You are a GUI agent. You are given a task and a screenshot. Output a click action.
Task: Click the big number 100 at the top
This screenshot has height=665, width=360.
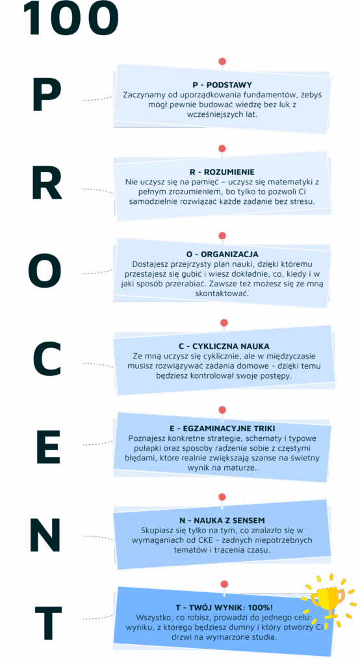point(71,18)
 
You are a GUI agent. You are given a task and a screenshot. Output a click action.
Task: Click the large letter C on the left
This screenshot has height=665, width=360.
point(47,360)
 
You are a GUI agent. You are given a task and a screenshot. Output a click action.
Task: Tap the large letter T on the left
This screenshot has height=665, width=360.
point(48,623)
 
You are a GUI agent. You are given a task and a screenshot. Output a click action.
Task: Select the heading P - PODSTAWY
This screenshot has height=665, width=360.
point(222,85)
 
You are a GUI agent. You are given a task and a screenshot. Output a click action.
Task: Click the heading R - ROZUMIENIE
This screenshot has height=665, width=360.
point(222,171)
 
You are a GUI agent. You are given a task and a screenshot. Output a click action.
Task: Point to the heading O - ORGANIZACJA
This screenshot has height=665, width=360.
point(222,254)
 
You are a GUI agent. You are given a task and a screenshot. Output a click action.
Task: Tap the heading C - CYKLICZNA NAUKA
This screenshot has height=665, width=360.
point(224,346)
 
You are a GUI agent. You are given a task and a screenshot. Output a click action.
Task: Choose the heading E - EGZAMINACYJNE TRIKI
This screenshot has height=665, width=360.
point(222,429)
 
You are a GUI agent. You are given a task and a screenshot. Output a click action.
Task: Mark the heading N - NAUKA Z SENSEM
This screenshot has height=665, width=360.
point(222,520)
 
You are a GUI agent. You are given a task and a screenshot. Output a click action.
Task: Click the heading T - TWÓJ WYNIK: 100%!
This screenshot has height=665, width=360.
point(224,607)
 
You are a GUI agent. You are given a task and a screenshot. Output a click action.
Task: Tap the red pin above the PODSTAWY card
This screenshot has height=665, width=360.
point(222,62)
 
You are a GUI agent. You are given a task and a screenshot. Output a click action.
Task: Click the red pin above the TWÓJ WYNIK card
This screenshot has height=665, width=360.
point(224,584)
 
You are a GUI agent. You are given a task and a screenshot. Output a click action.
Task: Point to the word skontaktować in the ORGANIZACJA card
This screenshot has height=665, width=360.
point(222,293)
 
